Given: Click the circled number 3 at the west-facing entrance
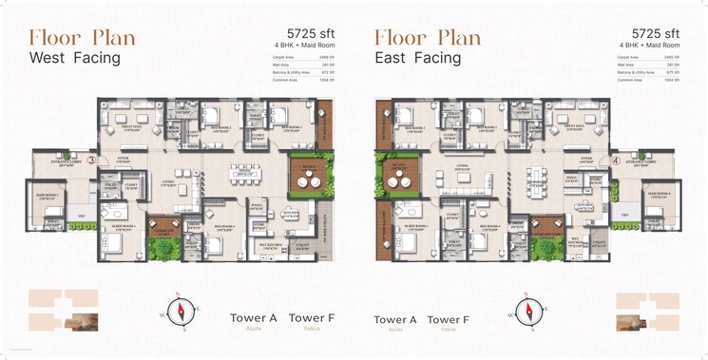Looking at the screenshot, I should point(91,161).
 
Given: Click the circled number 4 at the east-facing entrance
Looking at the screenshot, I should point(616,161).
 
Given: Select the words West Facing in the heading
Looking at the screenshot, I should point(75,58).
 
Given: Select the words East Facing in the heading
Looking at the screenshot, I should point(417,58).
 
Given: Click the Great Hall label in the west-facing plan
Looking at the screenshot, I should point(130,127).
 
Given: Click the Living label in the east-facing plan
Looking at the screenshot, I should point(463,165).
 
